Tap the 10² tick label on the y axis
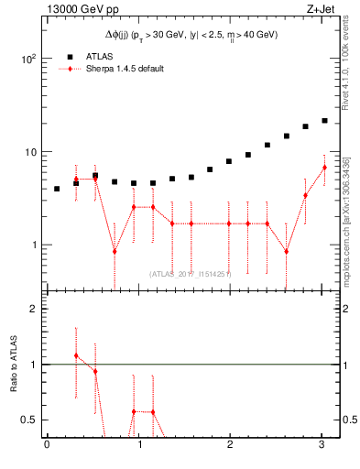[28, 59]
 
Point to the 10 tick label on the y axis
[30, 152]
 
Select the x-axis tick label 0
[47, 446]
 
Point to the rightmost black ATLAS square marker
[324, 120]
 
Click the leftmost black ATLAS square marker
[57, 189]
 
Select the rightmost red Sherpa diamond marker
[324, 167]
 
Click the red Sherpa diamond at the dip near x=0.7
[115, 251]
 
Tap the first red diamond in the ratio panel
[76, 355]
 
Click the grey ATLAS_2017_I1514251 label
[191, 273]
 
